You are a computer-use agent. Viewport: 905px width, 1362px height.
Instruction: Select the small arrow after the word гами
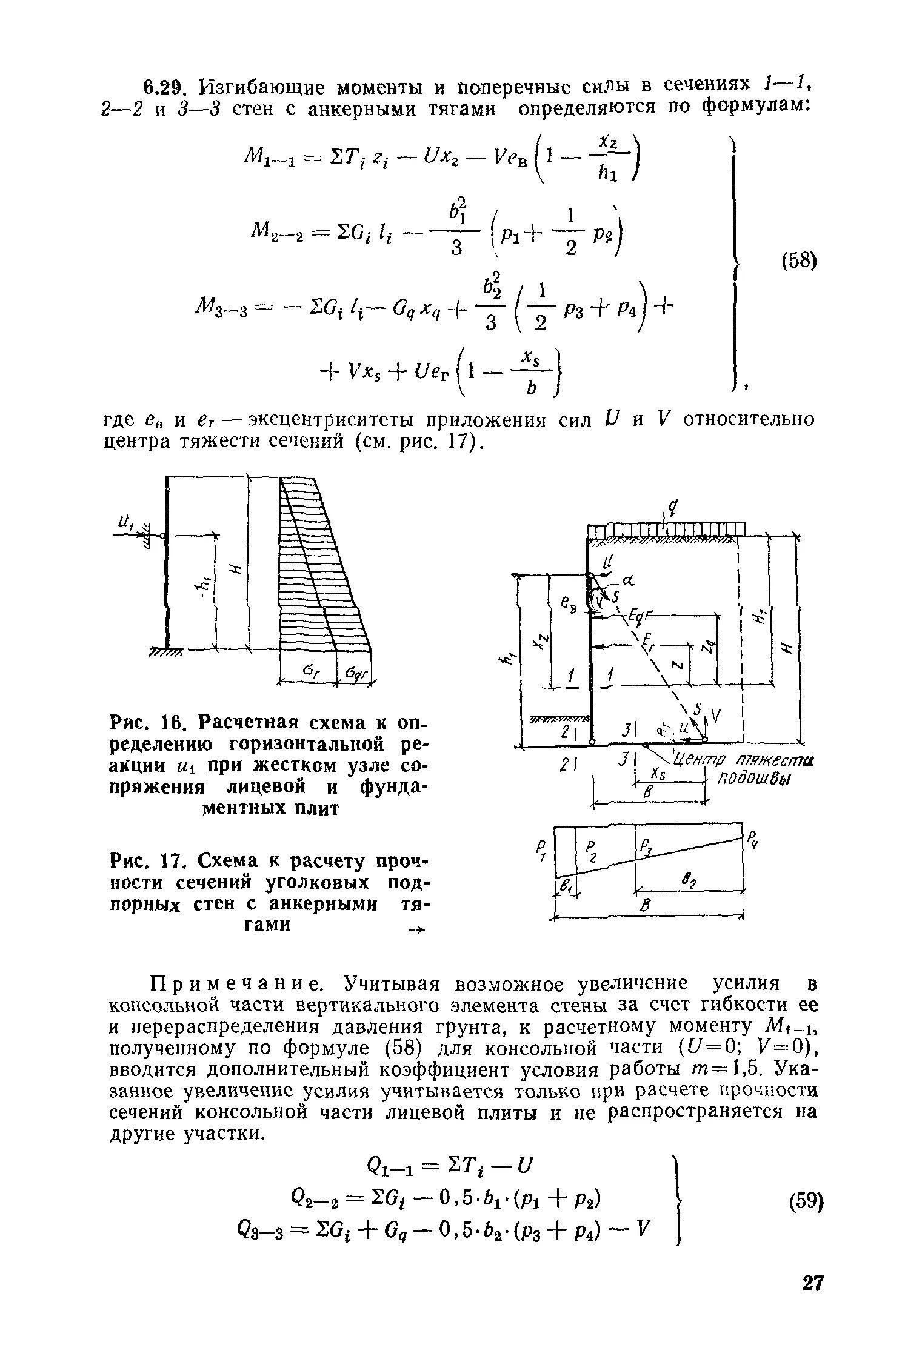point(418,929)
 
